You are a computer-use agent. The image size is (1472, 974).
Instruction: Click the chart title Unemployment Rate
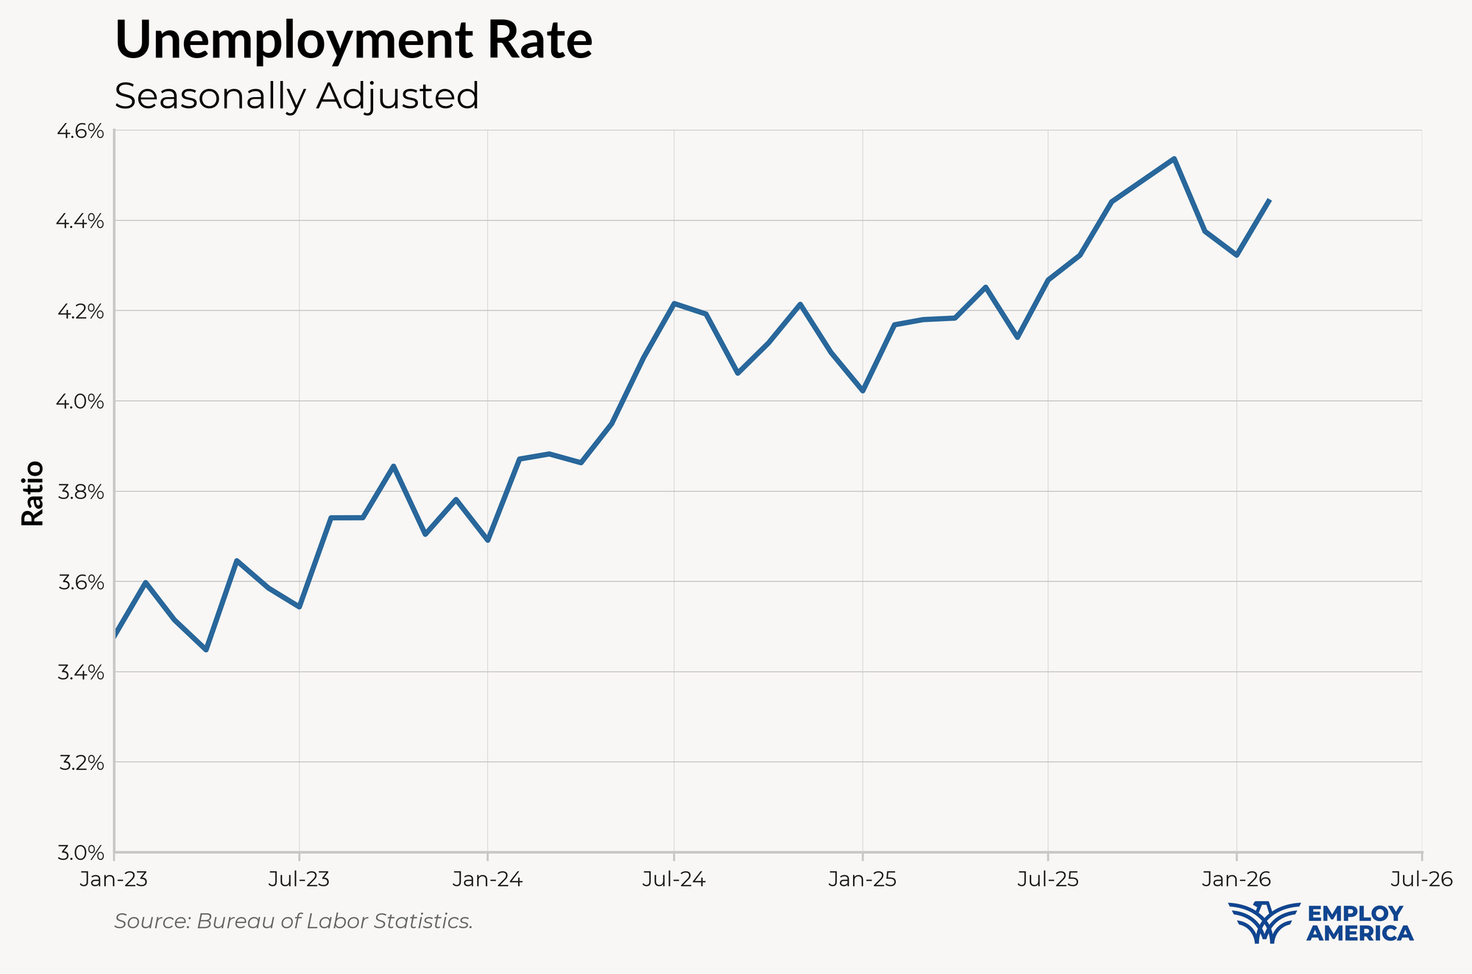point(353,40)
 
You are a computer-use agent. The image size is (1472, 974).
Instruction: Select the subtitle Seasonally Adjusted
point(297,96)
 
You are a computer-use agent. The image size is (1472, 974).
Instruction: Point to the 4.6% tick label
point(81,131)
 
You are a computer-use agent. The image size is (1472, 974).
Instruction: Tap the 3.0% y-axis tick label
point(81,853)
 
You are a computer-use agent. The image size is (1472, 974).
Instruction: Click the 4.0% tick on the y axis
point(81,401)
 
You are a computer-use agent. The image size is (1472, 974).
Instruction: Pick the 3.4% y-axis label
point(81,672)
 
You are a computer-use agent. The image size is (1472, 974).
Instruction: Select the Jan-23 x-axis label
point(114,879)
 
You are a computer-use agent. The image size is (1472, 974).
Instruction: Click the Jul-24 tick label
point(674,879)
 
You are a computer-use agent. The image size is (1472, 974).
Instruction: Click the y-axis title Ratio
point(33,493)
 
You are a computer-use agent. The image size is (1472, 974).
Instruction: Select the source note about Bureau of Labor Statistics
point(294,921)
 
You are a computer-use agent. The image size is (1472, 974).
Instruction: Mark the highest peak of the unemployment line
point(1175,158)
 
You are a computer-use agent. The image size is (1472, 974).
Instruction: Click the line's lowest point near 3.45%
point(206,650)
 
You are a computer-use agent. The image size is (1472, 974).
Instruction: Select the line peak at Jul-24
point(674,303)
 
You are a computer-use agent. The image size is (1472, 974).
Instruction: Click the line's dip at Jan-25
point(863,391)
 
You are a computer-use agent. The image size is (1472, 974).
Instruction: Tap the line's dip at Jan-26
point(1237,255)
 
